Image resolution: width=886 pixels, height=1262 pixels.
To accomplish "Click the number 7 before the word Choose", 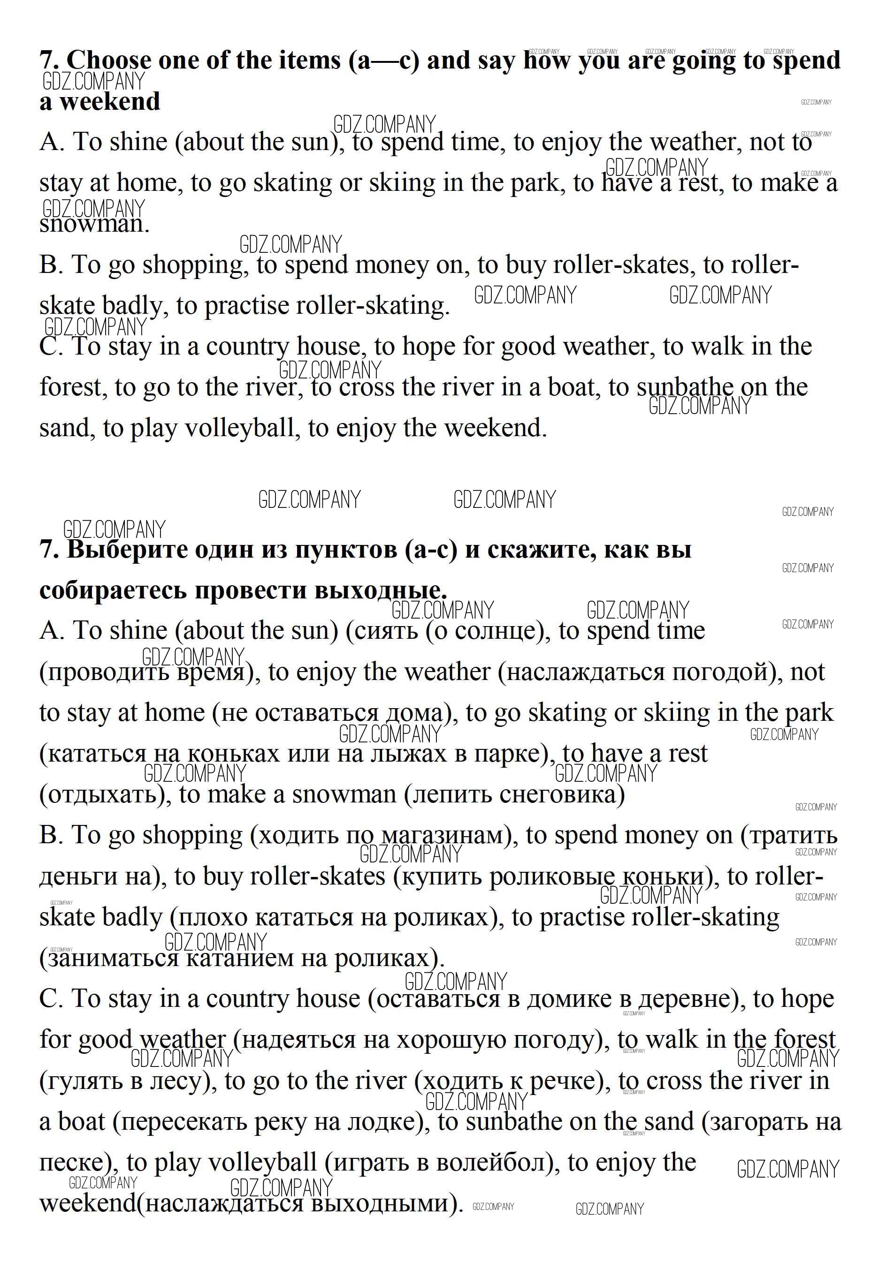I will (x=47, y=60).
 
